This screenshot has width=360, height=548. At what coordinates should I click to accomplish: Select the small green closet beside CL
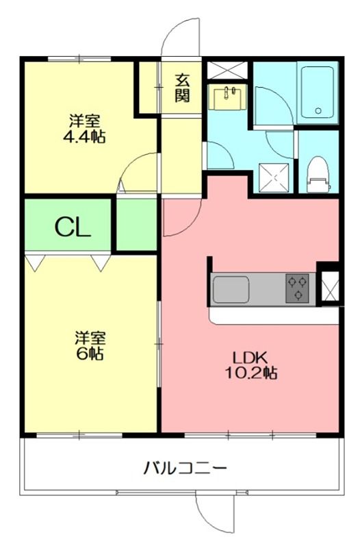click(x=136, y=225)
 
